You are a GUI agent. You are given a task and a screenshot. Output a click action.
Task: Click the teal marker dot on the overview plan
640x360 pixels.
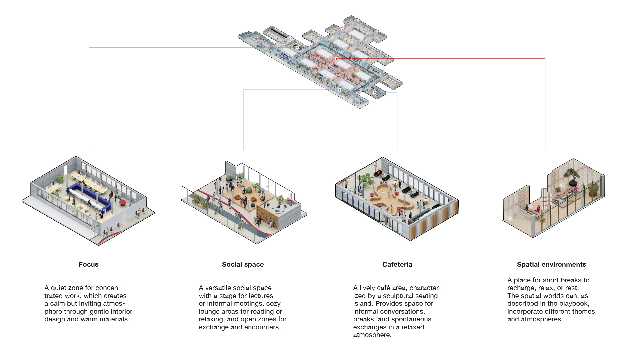pos(297,48)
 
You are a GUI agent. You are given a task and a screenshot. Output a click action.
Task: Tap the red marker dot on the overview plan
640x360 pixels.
pos(337,59)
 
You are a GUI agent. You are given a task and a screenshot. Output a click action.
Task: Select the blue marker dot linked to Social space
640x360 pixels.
pos(339,90)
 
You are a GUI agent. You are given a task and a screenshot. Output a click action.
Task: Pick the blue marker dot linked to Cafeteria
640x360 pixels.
pos(375,92)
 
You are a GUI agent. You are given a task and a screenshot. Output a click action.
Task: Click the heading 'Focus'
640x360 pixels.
pos(89,264)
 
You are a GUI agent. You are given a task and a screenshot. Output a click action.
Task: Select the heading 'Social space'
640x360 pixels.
pos(243,264)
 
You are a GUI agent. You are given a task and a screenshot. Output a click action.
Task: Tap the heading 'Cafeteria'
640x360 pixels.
pos(397,264)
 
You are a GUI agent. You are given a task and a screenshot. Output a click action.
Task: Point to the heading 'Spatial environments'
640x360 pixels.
pos(551,264)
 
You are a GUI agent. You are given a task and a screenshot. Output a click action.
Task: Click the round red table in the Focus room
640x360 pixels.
pos(123,202)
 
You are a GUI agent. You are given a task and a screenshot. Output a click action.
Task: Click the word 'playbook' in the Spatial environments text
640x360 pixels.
pos(575,304)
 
